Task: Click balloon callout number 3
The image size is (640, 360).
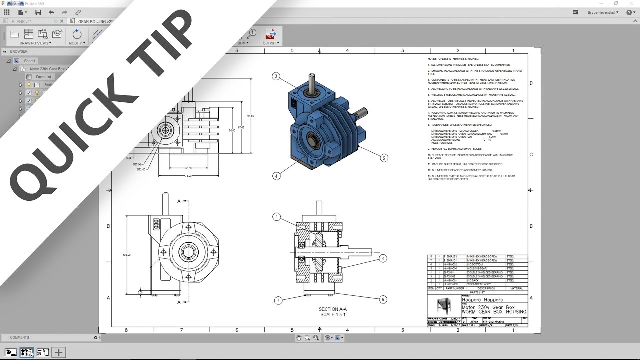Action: [276, 76]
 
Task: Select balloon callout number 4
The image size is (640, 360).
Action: [276, 176]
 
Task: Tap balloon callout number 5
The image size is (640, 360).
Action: [384, 158]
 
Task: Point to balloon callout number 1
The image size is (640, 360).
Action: [276, 217]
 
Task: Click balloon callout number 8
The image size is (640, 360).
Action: [383, 258]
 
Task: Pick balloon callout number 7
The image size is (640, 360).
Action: [278, 300]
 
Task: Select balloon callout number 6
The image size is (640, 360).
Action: [383, 300]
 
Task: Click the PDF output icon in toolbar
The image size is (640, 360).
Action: [270, 34]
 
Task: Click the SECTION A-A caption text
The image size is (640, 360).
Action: [332, 309]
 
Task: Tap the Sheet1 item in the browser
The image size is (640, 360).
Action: [30, 61]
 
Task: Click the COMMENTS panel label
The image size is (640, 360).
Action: [20, 338]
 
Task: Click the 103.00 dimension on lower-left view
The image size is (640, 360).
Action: [126, 255]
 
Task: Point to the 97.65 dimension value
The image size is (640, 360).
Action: [250, 116]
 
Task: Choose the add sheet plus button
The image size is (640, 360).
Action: [59, 352]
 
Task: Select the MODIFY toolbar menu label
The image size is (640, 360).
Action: [76, 43]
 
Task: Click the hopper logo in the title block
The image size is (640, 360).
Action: [442, 306]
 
